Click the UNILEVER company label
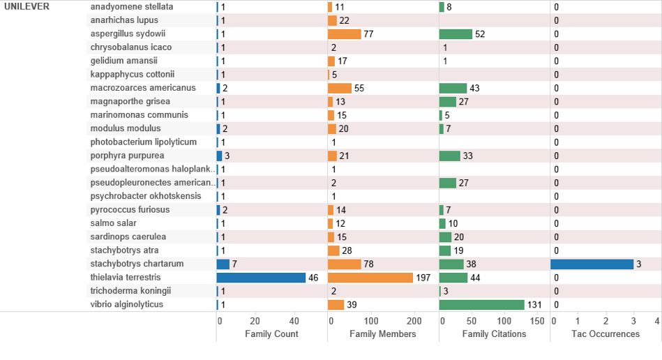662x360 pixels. click(x=27, y=6)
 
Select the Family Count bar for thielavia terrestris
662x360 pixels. click(x=261, y=278)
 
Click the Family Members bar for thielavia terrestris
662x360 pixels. click(x=370, y=278)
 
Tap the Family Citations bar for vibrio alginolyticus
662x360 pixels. click(x=481, y=305)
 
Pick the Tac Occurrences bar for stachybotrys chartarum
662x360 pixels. click(x=592, y=264)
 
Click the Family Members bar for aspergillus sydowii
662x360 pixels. click(x=345, y=33)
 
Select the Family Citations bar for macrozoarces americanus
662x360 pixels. click(x=453, y=88)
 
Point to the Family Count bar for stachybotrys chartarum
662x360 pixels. click(x=223, y=264)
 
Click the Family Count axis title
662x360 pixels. click(x=271, y=334)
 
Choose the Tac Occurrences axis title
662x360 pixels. click(x=605, y=334)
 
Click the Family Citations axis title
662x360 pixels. click(x=494, y=334)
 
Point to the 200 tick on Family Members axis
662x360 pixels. click(x=414, y=321)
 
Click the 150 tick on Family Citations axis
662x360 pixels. click(x=537, y=321)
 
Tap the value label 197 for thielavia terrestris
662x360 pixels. click(x=423, y=278)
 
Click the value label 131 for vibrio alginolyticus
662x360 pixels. click(x=534, y=305)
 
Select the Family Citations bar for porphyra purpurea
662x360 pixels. click(x=450, y=156)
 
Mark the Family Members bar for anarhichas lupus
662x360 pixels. click(x=333, y=20)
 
